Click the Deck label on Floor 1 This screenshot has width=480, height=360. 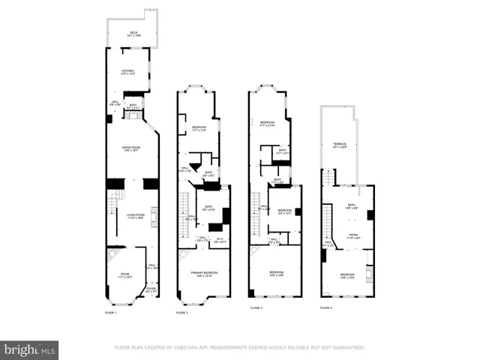133,33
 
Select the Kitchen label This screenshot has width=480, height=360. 127,72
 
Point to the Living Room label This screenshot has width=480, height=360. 135,216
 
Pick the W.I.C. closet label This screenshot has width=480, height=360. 220,241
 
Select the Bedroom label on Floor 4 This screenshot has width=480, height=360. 347,276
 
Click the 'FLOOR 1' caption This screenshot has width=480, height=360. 111,311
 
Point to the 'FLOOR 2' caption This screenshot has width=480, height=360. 182,311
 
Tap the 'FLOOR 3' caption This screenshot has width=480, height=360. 256,307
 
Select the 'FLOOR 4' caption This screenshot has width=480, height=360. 326,307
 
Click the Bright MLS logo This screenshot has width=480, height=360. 29,349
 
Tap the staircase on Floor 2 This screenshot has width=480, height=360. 184,214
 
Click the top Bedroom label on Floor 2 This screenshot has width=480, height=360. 199,127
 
